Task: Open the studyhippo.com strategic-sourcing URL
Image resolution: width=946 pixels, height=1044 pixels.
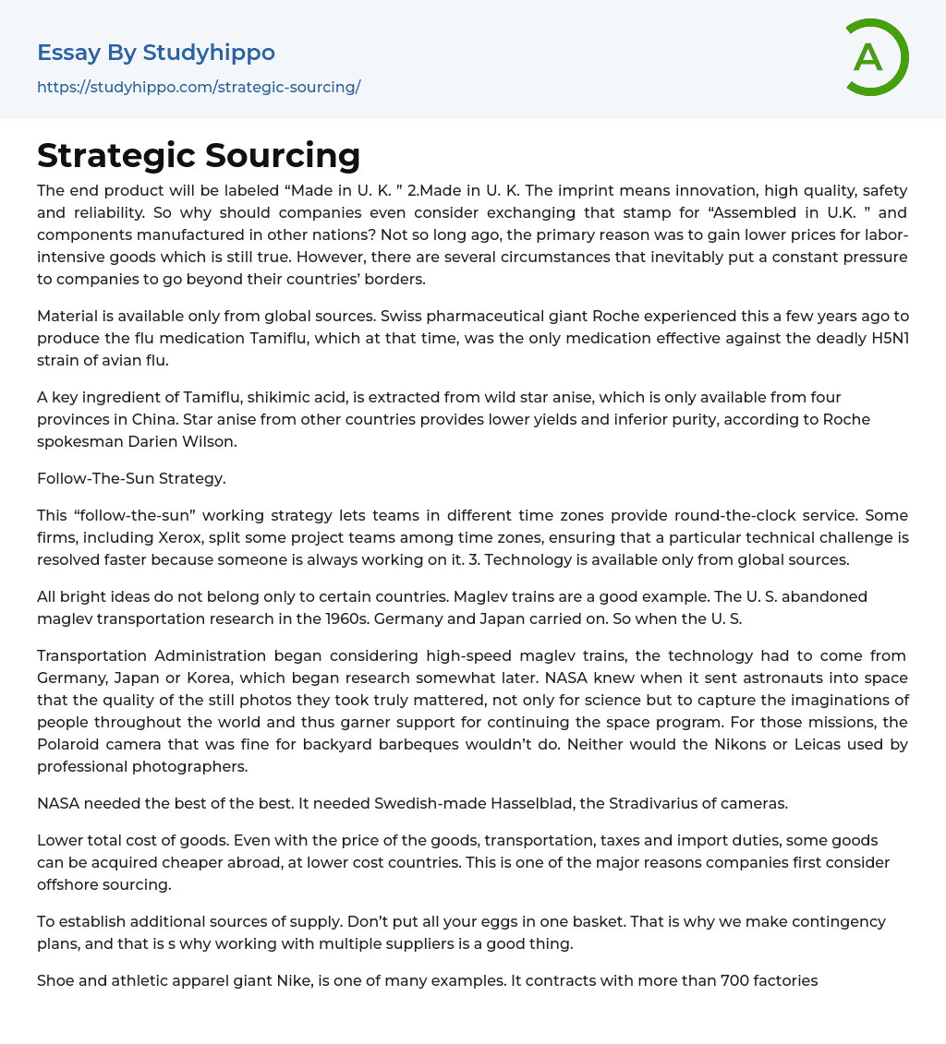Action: click(199, 88)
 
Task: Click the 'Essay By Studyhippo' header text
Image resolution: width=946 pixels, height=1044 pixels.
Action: click(156, 53)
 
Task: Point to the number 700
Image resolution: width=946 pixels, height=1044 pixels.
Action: click(734, 980)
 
